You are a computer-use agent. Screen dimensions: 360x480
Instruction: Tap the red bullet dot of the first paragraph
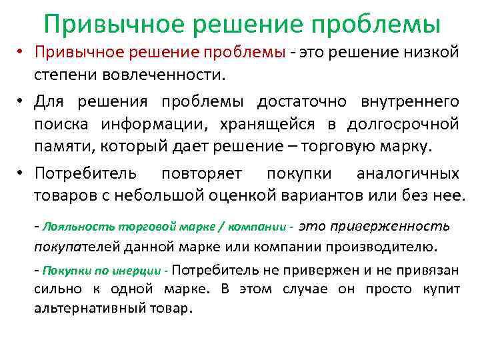[21, 53]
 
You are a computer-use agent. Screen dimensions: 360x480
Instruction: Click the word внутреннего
[409, 101]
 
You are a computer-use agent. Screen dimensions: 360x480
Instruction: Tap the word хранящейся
[279, 124]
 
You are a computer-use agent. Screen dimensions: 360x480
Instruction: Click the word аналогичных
[407, 173]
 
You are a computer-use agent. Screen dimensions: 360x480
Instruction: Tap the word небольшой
[155, 195]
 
